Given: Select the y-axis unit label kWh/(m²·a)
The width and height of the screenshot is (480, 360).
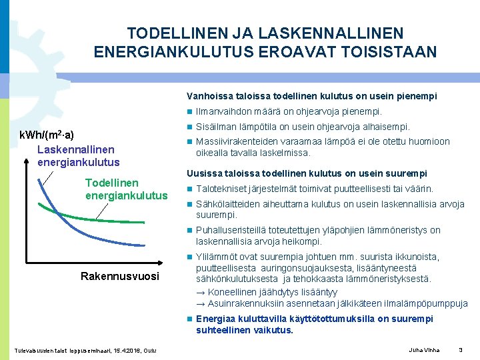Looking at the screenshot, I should click(47, 135).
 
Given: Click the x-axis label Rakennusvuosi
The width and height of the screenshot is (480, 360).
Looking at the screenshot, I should click(120, 276).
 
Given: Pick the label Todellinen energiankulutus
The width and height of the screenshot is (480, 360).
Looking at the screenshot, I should click(126, 189).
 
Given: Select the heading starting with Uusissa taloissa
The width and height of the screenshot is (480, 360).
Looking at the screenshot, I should click(307, 173).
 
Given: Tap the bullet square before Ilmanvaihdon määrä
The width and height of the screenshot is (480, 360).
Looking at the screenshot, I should click(190, 112).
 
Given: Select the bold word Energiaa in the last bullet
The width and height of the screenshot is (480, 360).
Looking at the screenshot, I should click(216, 319).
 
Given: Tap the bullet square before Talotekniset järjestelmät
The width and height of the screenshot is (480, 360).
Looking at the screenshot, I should click(190, 189).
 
